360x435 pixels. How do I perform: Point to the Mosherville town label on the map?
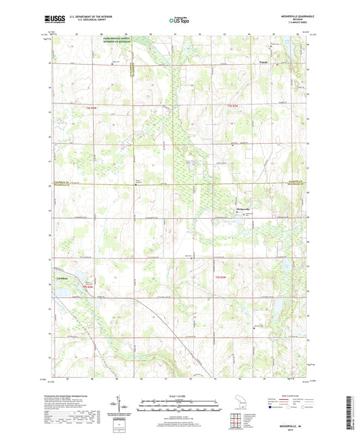pos(242,209)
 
